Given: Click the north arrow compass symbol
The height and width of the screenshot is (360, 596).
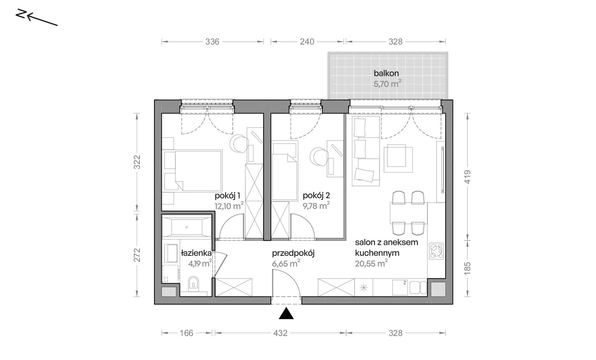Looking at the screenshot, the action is tap(37, 18).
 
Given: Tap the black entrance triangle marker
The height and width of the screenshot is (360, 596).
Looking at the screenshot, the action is tap(286, 314).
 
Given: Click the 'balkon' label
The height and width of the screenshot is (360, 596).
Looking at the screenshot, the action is tap(386, 73).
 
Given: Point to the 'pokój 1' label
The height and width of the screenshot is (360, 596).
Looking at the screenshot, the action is tap(227, 196).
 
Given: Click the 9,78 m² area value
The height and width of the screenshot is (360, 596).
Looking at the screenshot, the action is tap(316, 206).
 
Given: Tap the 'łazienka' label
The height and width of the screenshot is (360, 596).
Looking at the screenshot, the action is tap(196, 253).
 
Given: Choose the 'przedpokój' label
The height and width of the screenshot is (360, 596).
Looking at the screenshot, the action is tap(293, 253).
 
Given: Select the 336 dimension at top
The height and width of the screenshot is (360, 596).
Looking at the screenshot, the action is tap(212, 42).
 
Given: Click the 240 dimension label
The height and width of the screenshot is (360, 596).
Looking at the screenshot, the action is tap(307, 42).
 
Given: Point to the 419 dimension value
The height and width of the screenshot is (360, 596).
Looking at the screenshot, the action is tap(467, 177).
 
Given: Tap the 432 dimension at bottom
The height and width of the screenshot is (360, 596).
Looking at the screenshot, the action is tap(280, 333).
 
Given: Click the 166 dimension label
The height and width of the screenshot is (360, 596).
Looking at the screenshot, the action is tap(187, 333).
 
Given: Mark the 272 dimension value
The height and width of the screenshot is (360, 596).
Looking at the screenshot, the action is tap(137, 255).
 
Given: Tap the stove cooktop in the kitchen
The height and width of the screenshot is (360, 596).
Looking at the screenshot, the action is tap(436, 252).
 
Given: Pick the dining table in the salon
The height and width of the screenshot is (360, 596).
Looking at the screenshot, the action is tap(408, 213).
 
